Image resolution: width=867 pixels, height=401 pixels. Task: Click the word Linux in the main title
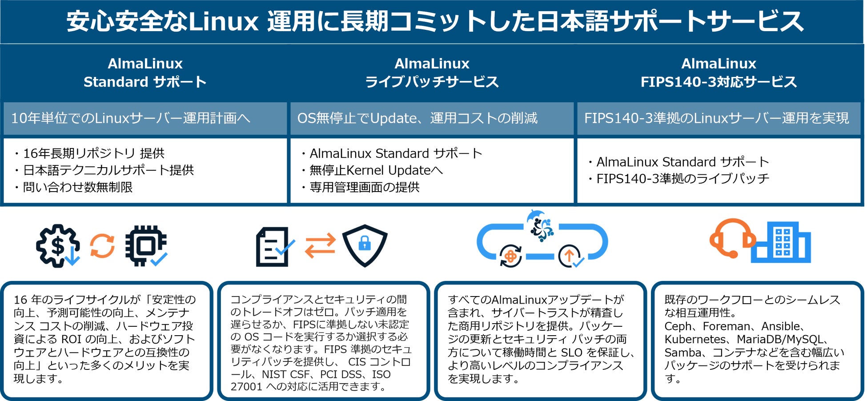pos(223,21)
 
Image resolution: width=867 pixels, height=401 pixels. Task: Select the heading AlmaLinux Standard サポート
pos(145,73)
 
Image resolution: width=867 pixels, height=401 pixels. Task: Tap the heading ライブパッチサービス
pos(432,82)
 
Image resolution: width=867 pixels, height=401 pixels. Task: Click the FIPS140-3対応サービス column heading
pos(718,82)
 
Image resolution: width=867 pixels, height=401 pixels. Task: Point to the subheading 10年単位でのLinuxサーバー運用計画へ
pos(131,118)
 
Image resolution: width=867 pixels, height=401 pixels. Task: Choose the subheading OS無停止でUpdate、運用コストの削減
pos(417,118)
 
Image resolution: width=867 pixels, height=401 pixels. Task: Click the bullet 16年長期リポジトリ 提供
pos(93,153)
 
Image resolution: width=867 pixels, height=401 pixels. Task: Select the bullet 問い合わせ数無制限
pos(78,187)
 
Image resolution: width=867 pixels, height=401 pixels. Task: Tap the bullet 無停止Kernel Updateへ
pos(376,170)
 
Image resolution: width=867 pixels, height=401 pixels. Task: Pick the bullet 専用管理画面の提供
pos(364,187)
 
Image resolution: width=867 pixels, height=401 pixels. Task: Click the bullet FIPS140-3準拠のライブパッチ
pos(682,179)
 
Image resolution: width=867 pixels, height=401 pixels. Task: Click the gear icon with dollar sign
pos(58,246)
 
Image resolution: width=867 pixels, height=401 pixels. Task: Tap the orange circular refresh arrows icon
pos(102,246)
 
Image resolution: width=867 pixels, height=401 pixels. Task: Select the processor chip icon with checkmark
pos(146,246)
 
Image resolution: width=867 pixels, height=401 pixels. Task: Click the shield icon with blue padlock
pos(365,245)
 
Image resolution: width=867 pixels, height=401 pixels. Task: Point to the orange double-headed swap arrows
pos(320,246)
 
